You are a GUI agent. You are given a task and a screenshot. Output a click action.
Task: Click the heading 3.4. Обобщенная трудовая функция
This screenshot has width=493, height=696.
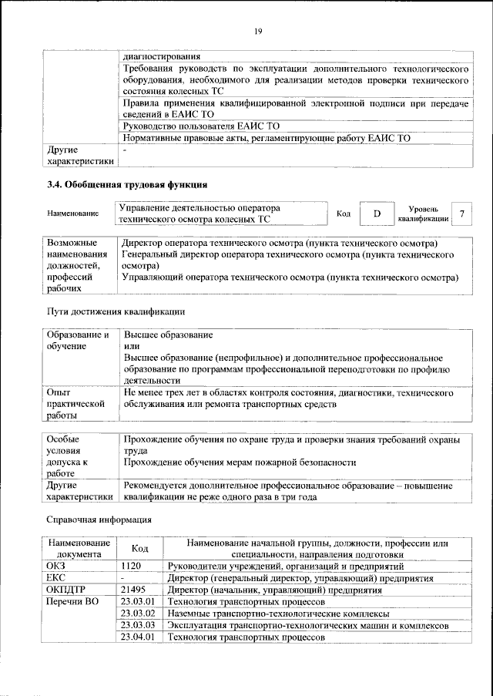[x=127, y=185]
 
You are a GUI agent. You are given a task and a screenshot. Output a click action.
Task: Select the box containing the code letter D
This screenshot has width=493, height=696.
[x=377, y=214]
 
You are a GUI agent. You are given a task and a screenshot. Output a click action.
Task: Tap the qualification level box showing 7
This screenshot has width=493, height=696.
[x=461, y=214]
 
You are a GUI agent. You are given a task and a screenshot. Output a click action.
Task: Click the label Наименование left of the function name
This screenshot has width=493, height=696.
[x=73, y=214]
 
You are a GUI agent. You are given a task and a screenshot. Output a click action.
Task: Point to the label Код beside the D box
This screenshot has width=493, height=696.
[x=344, y=214]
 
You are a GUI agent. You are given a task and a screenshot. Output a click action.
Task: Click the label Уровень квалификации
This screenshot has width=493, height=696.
[x=423, y=214]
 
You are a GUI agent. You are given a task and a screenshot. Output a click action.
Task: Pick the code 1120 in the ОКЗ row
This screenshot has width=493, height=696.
[x=132, y=566]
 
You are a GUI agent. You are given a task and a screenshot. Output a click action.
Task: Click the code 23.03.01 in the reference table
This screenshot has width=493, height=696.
[x=139, y=601]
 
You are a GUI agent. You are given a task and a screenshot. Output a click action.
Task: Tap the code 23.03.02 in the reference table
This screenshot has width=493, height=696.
[x=139, y=614]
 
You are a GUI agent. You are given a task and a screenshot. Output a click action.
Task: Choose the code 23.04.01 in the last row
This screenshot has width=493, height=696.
[x=139, y=637]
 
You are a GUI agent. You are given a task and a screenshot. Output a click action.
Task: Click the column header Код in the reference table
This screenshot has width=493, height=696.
[x=139, y=548]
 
